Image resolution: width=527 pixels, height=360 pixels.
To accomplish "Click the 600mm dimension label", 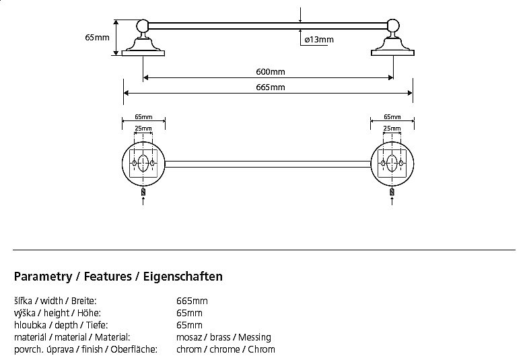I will (x=271, y=72).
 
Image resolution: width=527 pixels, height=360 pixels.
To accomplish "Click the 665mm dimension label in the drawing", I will (x=271, y=87).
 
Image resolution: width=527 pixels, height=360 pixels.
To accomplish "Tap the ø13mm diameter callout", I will (x=318, y=40).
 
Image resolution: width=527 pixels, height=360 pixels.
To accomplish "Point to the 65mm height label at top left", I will (x=97, y=38).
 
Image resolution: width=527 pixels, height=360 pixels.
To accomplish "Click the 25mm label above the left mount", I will (x=143, y=128).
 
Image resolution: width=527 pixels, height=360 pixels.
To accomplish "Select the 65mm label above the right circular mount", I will (x=392, y=116).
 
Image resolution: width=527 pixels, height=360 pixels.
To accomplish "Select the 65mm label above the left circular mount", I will (x=143, y=116).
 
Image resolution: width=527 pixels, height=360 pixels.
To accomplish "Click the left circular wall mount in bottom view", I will (x=143, y=164).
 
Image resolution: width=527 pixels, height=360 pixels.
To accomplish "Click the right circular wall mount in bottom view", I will (x=392, y=164).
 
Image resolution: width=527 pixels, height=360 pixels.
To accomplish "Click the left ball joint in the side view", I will (x=143, y=27).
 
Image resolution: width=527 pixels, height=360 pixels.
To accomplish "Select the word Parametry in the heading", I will (x=42, y=277).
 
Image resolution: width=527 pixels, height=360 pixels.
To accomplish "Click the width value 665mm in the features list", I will (x=192, y=301).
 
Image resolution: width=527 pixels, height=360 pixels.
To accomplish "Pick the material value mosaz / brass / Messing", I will (x=223, y=337).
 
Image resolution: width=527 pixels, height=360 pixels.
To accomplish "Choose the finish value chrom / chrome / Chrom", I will (x=225, y=349).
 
